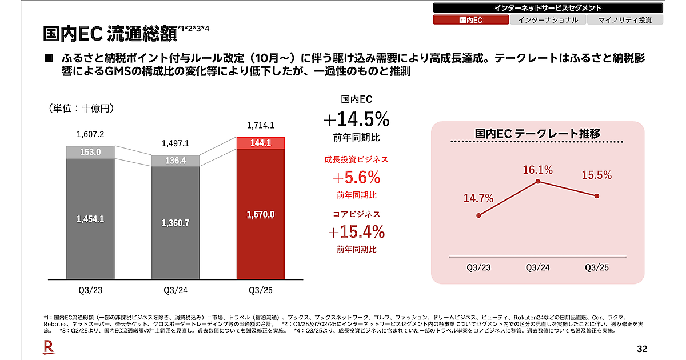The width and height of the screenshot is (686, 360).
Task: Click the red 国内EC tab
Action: (x=471, y=20)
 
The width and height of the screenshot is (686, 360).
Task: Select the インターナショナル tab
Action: (x=548, y=20)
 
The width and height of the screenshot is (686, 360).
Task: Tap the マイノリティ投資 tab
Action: (x=625, y=20)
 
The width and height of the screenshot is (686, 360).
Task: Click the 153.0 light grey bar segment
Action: (x=90, y=152)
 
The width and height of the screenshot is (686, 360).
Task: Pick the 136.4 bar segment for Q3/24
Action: (x=176, y=161)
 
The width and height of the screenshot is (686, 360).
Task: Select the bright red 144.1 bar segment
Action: (x=260, y=143)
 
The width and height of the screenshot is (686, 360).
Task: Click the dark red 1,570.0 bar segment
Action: (x=260, y=214)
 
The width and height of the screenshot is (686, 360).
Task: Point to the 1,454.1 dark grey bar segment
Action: (x=90, y=219)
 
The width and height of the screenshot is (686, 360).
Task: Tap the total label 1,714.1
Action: (x=260, y=126)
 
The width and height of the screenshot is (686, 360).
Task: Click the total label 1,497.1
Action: (x=176, y=143)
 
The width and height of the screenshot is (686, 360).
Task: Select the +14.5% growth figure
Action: (x=357, y=120)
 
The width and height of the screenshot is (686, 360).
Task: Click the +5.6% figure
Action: (x=357, y=177)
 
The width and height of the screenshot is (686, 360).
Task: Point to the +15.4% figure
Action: (x=357, y=232)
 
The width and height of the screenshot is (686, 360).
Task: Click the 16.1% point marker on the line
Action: (x=538, y=182)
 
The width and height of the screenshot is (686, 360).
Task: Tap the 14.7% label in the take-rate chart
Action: (x=478, y=199)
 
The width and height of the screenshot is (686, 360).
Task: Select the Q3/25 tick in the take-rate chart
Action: (x=597, y=267)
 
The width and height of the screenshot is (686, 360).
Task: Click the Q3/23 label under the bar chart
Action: (x=90, y=290)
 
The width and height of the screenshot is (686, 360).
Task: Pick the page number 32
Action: (x=642, y=349)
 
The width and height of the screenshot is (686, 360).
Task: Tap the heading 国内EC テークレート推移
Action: (x=537, y=134)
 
